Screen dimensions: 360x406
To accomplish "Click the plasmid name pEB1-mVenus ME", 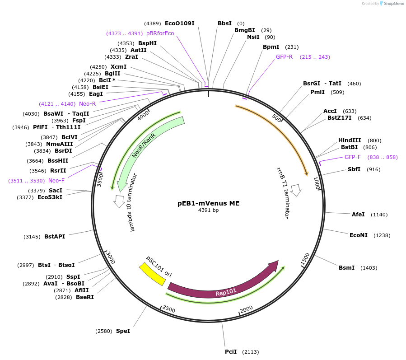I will pyautogui.click(x=208, y=203).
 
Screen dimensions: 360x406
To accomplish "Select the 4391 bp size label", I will pyautogui.click(x=208, y=210).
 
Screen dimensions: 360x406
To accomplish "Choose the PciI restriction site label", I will pyautogui.click(x=231, y=352).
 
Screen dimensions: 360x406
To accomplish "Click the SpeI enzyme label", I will pyautogui.click(x=123, y=331).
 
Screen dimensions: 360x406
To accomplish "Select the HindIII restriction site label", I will pyautogui.click(x=350, y=140).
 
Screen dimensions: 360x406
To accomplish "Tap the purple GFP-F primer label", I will pyautogui.click(x=353, y=157).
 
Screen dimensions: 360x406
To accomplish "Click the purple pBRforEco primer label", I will pyautogui.click(x=160, y=33).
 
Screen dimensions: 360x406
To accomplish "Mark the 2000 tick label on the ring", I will pyautogui.click(x=247, y=309).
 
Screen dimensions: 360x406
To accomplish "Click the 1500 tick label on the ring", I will pyautogui.click(x=305, y=258).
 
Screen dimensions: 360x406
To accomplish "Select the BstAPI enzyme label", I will pyautogui.click(x=55, y=237).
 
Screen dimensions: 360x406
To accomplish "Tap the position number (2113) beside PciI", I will pyautogui.click(x=251, y=352).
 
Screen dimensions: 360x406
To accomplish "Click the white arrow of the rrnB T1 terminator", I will pyautogui.click(x=296, y=190).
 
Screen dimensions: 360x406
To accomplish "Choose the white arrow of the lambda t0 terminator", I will pyautogui.click(x=120, y=201).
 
